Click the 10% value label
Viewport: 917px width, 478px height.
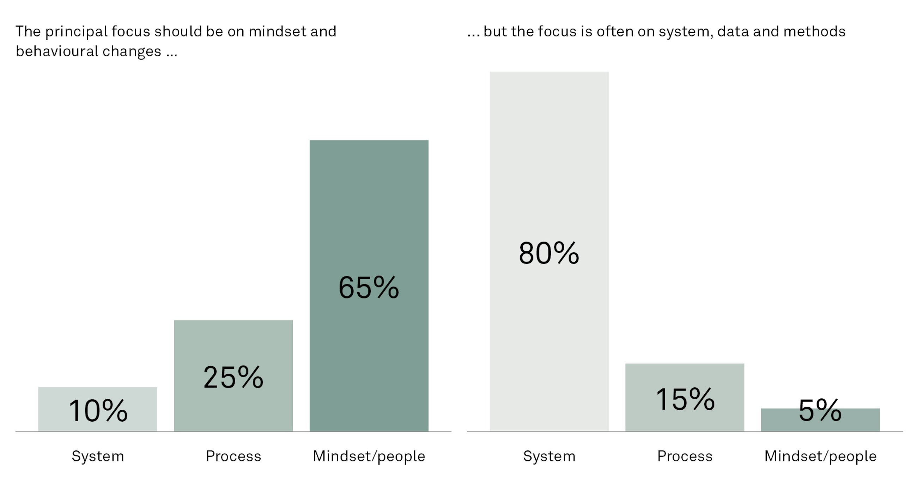tap(98, 411)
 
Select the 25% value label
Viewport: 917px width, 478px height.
tap(233, 377)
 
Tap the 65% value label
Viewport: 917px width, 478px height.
tap(369, 288)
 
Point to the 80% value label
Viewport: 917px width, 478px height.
tap(549, 253)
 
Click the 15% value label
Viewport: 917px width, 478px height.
tap(685, 399)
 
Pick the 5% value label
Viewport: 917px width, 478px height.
tap(820, 411)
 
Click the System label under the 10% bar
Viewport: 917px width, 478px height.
tap(98, 456)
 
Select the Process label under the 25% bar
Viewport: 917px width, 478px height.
tap(233, 456)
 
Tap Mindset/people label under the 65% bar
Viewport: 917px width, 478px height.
tap(369, 456)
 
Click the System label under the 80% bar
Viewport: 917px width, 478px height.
tap(549, 456)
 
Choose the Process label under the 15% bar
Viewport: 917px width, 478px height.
tap(685, 456)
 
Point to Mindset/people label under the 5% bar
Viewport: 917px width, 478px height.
tap(820, 456)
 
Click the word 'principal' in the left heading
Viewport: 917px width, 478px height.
tap(76, 32)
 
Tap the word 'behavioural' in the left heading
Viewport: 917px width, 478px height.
tap(56, 51)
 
